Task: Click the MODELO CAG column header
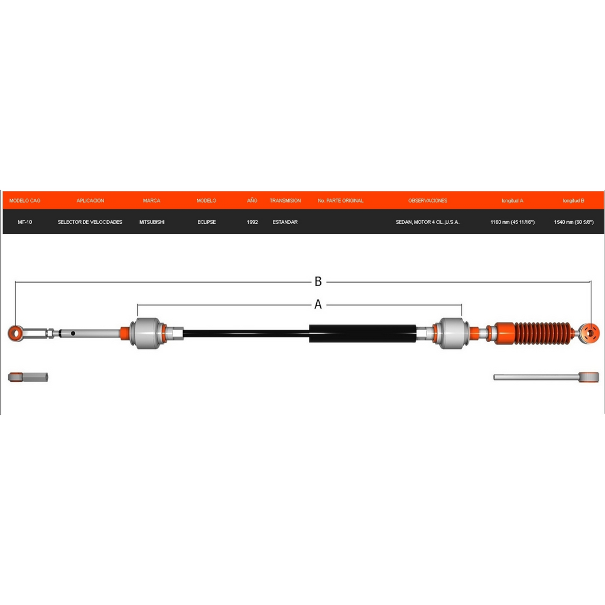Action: (25, 201)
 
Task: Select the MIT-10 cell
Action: (25, 222)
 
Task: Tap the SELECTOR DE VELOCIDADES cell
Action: (90, 222)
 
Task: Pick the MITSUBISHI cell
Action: (152, 222)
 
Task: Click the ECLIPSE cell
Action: (207, 222)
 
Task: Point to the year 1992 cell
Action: (252, 222)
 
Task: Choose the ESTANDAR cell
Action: (285, 222)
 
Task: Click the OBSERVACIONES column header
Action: (428, 201)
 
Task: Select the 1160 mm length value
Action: (512, 222)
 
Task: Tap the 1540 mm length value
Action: (574, 222)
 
